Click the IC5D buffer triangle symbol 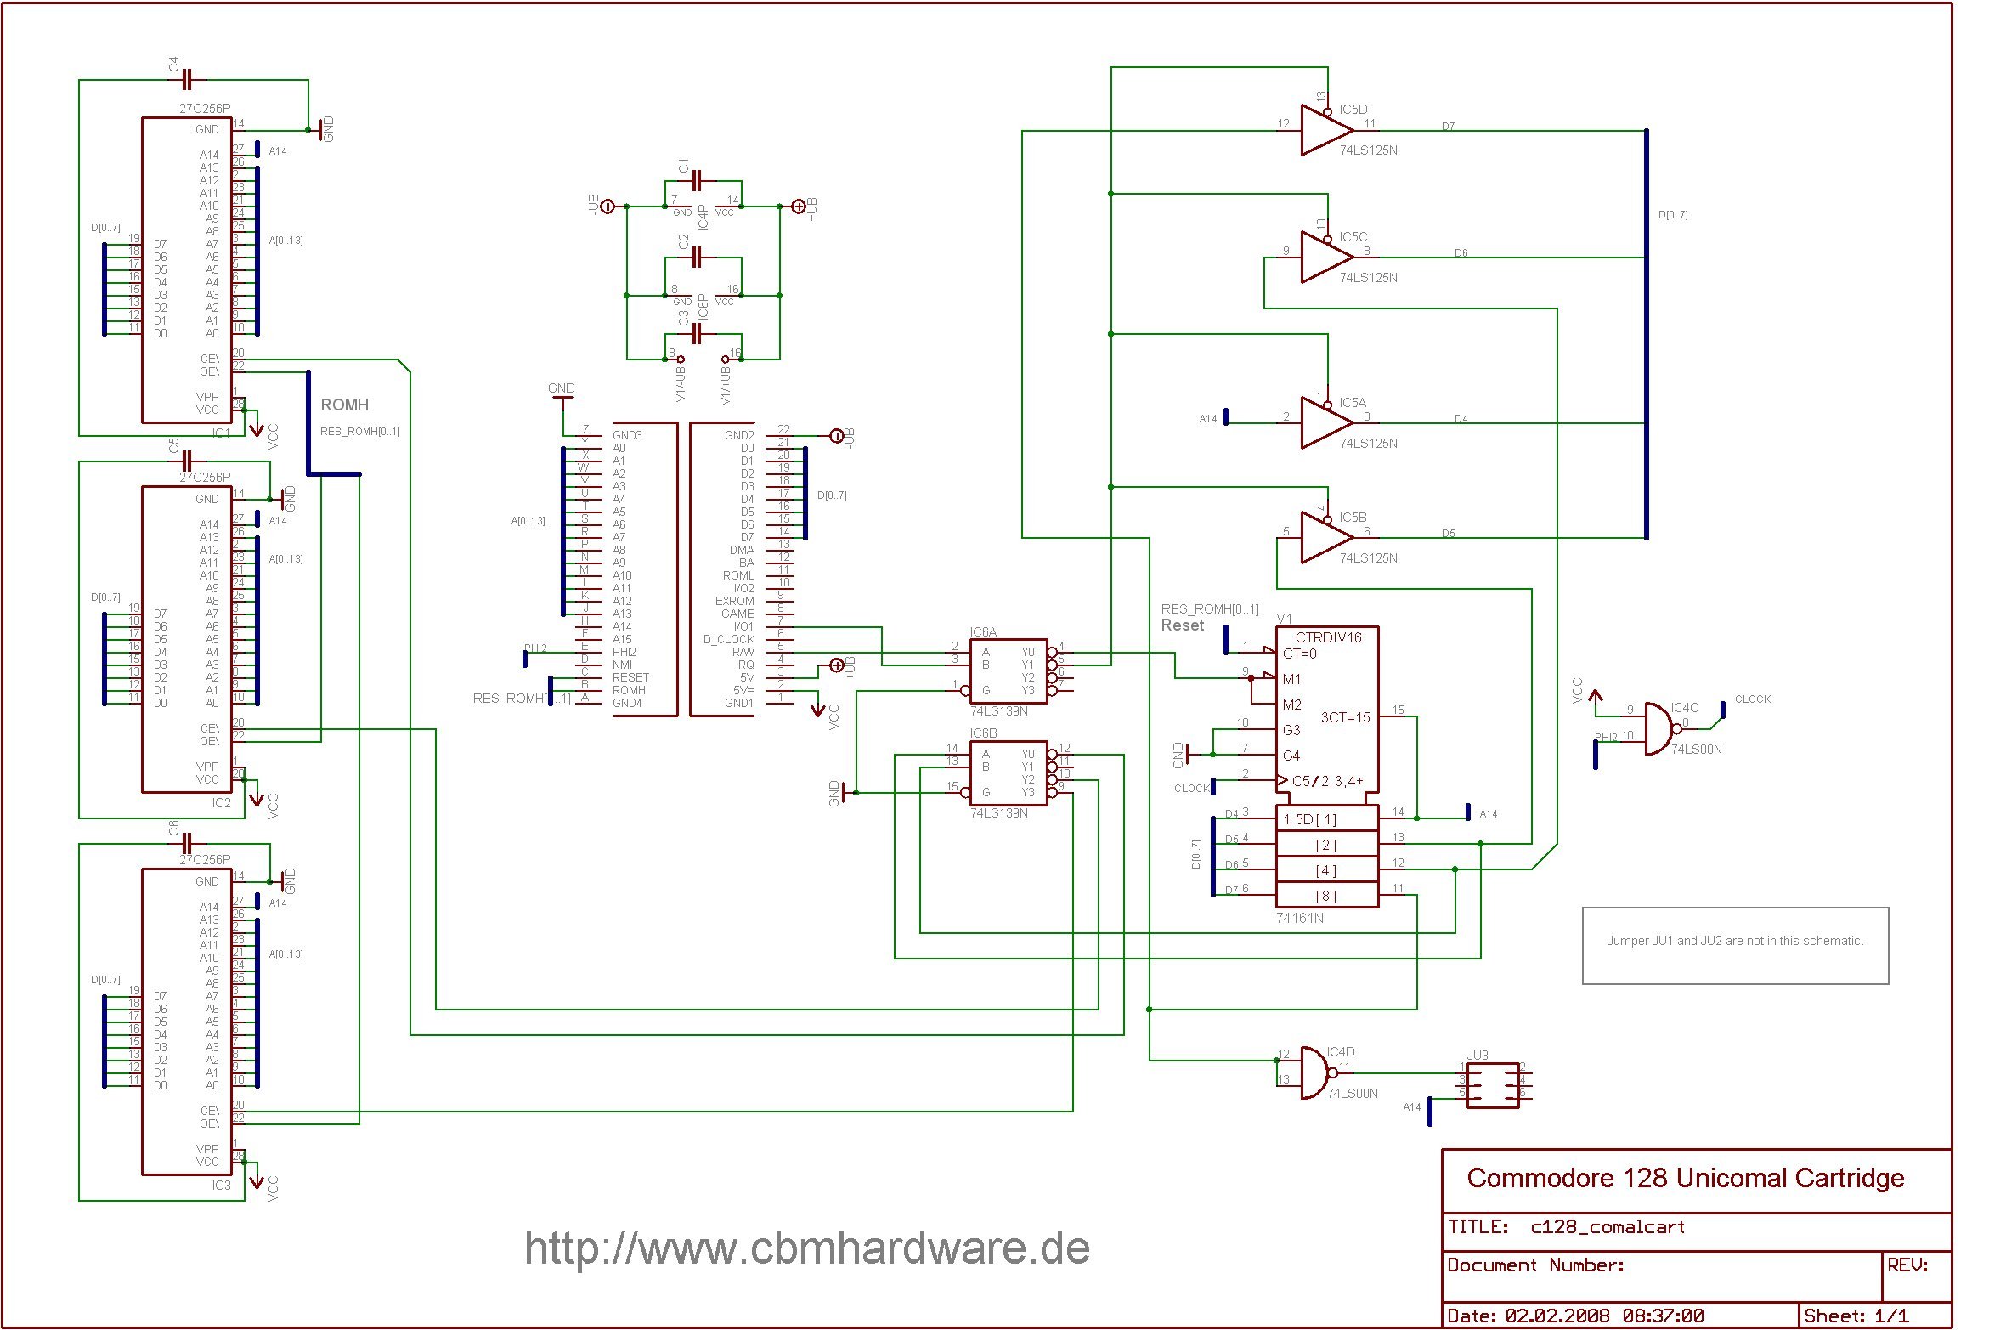(1323, 130)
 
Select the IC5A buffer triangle (1323, 423)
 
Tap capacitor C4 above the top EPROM (188, 80)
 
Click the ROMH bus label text (344, 405)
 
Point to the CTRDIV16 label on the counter (1328, 637)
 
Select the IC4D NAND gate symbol (1315, 1073)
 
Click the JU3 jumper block (1493, 1085)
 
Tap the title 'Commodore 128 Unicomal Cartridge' (1685, 1179)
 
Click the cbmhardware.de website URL (806, 1248)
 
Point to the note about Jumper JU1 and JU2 (1734, 941)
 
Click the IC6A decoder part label (983, 632)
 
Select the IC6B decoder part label (983, 733)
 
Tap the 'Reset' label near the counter (1183, 625)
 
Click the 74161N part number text (1299, 919)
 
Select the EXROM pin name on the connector (734, 601)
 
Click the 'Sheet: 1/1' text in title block (1856, 1316)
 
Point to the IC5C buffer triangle (1323, 258)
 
